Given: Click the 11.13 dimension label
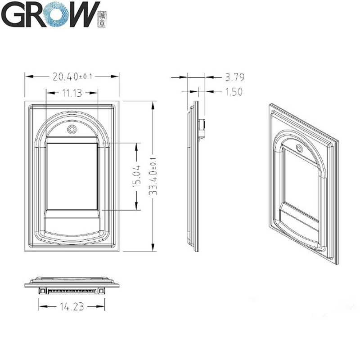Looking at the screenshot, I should [72, 93].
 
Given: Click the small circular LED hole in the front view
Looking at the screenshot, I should [72, 130].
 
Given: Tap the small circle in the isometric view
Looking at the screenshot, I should [298, 148].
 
